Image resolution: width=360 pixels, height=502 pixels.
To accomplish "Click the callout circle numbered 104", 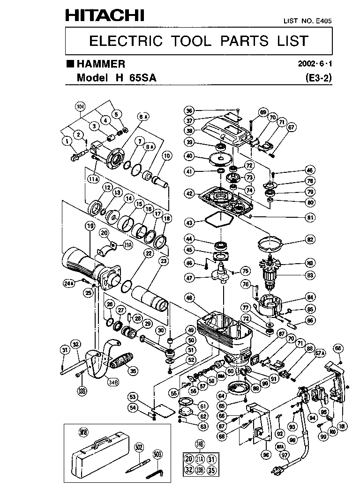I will pos(82,107).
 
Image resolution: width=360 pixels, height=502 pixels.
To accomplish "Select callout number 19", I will pos(90,226).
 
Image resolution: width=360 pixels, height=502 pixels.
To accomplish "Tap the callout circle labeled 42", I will pos(189,193).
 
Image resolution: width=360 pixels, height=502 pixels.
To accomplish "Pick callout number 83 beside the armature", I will pos(310,275).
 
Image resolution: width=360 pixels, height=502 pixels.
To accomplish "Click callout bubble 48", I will pos(189,297).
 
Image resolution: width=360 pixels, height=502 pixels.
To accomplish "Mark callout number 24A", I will pos(69,282).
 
